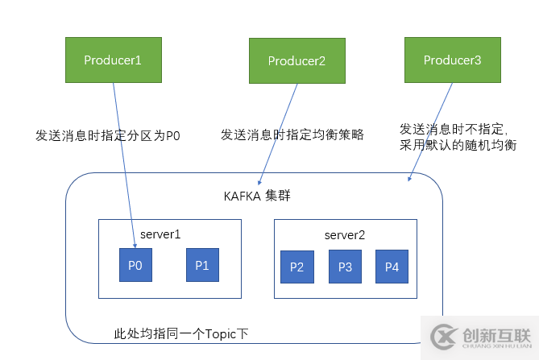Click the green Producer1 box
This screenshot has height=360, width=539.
(113, 59)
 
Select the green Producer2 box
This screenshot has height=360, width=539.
(296, 60)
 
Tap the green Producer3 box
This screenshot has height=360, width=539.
(453, 60)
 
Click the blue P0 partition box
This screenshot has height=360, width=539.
(135, 265)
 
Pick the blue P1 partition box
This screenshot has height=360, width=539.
(202, 265)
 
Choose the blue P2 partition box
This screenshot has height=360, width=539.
(296, 267)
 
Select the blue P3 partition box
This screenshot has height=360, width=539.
(345, 267)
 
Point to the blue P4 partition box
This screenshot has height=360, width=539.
(392, 267)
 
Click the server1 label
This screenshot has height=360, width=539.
(160, 234)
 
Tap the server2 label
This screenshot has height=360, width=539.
(345, 235)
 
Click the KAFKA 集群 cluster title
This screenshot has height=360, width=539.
(255, 196)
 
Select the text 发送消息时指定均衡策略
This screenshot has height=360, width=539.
(292, 134)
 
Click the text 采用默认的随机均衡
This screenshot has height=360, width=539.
(458, 146)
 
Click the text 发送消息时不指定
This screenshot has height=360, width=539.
(452, 128)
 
